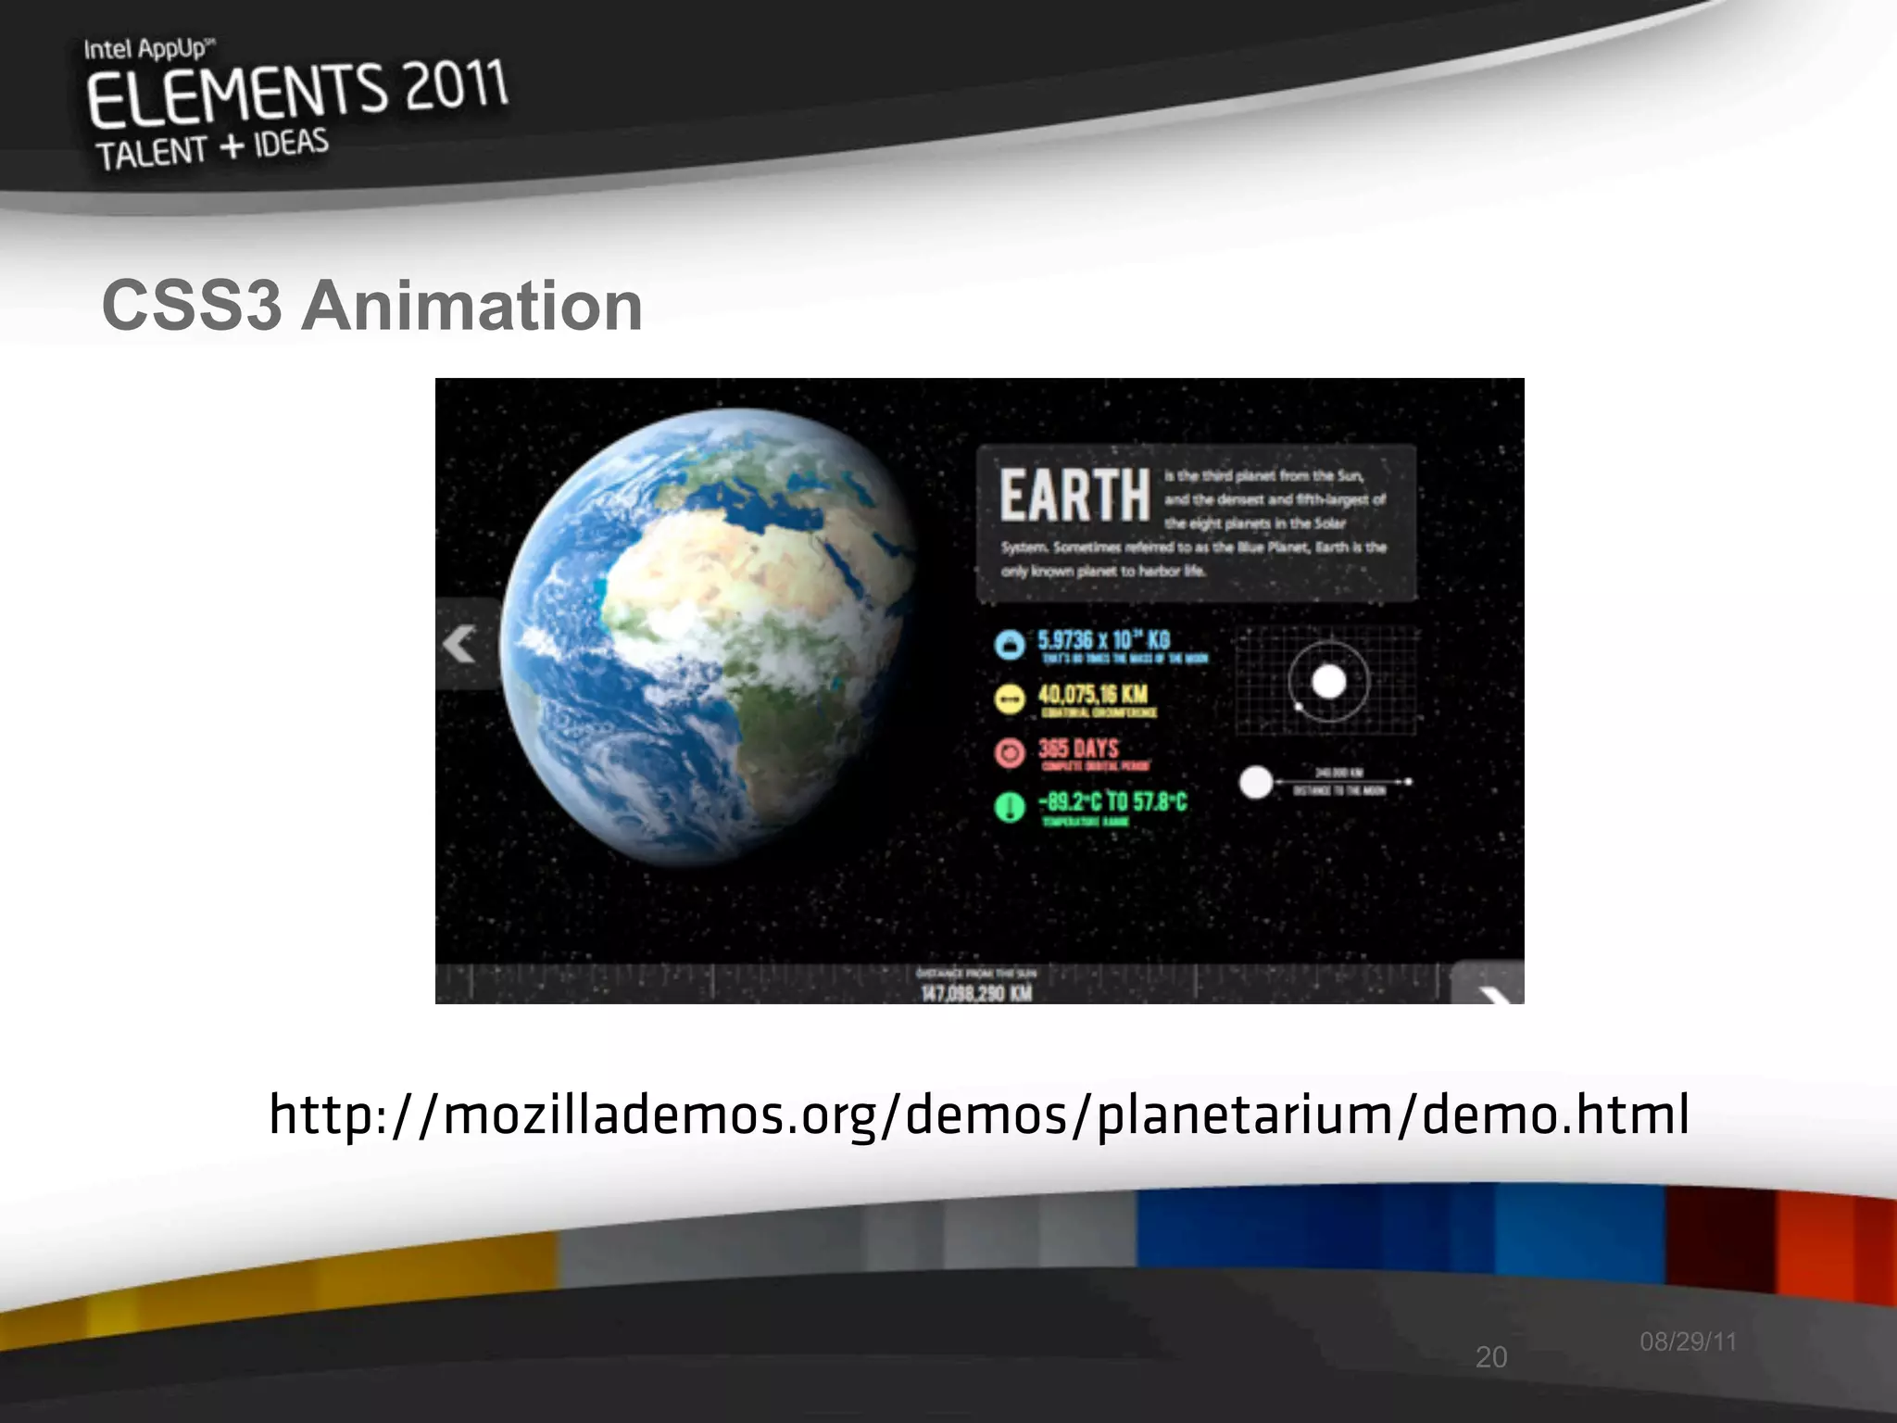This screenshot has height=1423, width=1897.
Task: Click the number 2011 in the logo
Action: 456,85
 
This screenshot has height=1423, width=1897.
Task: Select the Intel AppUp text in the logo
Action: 148,48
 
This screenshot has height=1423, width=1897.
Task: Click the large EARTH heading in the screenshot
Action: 1074,496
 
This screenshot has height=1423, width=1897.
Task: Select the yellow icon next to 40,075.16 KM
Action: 1010,699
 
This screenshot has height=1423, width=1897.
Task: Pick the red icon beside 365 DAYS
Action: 1010,752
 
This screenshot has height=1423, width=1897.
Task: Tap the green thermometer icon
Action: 1010,806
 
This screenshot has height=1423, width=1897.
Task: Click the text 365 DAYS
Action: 1078,749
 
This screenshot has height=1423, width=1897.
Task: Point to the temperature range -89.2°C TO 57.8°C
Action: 1112,801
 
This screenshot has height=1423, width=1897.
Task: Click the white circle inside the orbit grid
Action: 1329,682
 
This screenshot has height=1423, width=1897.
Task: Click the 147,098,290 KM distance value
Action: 976,993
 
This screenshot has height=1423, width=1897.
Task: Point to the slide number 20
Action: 1491,1357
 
